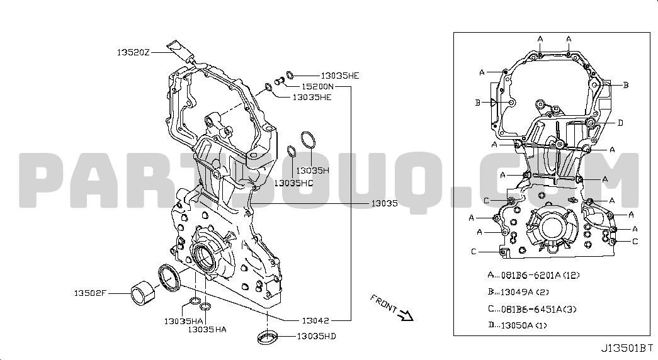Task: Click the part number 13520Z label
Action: point(133,52)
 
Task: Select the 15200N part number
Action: point(318,86)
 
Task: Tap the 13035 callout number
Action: point(384,203)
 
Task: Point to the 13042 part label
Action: point(315,320)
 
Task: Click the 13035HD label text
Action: point(317,336)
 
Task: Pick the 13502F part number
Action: point(90,293)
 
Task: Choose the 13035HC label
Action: point(293,183)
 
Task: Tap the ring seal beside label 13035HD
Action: point(268,337)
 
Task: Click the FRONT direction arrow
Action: point(406,315)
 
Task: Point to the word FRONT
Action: point(383,303)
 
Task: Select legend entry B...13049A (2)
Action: point(518,292)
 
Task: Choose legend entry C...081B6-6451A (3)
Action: point(532,309)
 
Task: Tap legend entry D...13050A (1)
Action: point(518,325)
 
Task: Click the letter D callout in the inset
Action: point(620,123)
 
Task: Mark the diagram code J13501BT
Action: point(627,348)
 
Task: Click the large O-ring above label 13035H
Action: point(309,140)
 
